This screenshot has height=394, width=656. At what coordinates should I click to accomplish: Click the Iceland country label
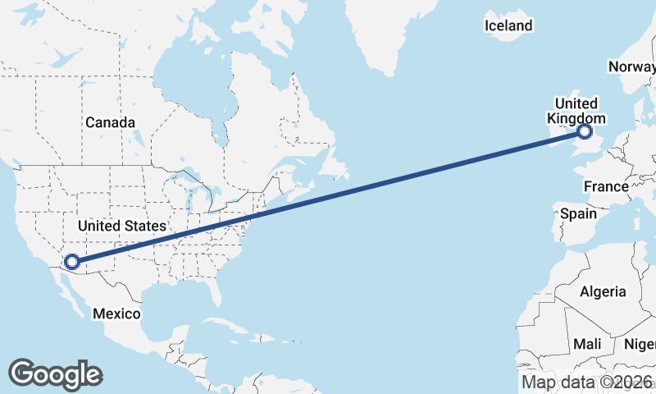508,26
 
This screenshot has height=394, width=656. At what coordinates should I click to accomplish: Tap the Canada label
110,122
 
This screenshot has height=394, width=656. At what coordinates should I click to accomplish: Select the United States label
122,225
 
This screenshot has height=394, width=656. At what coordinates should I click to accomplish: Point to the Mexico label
116,314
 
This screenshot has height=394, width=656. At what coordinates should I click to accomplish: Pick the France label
606,187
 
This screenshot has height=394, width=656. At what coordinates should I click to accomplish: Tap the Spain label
578,213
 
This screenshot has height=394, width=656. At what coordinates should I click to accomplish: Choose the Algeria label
603,291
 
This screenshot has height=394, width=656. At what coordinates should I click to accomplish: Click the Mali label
587,343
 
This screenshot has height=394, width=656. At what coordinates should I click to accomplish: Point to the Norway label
632,66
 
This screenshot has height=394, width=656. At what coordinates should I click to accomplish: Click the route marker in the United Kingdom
585,131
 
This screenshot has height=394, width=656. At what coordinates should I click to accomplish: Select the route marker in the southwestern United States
71,262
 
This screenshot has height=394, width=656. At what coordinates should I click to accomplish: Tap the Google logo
55,374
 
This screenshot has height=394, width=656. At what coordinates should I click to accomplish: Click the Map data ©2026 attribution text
587,382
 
